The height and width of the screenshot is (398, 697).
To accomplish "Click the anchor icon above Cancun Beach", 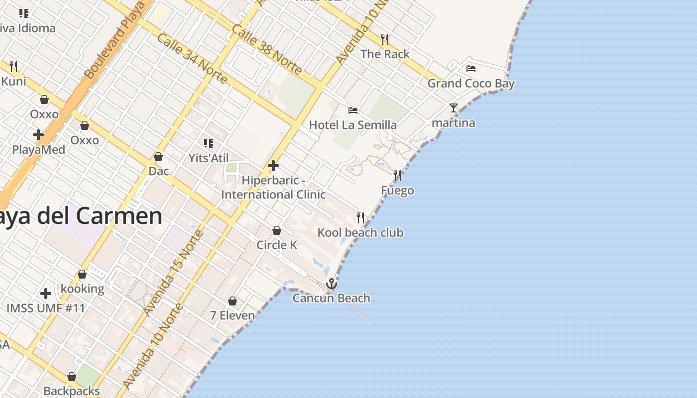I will point(332,284).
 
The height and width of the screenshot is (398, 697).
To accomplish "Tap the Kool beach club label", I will point(360,232).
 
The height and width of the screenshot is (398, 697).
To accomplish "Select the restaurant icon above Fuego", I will point(397,176).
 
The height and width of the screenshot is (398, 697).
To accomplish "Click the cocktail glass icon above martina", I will point(453,108).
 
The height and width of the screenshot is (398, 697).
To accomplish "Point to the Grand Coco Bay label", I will point(471,83).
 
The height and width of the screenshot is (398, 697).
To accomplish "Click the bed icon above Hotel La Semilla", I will point(353,110).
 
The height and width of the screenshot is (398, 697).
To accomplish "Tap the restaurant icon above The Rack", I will point(385,39).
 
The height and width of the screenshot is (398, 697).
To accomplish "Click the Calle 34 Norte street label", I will point(192,58).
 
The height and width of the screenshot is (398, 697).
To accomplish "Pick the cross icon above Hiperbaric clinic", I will point(273,166).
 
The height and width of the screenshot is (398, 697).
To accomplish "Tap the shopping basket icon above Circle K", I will point(277,230).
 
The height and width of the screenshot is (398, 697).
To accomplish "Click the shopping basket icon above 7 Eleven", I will point(232,301).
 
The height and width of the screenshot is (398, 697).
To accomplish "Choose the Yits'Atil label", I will point(209,158).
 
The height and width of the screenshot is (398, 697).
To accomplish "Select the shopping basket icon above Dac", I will point(158,157).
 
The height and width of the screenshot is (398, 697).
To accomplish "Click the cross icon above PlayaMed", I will point(38,135).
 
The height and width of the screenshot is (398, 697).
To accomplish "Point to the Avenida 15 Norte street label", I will point(173,273).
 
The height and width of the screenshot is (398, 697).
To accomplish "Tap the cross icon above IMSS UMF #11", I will point(46,294).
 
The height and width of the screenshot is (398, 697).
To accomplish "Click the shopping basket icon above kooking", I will point(82,274).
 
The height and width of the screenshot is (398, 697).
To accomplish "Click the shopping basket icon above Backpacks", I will point(72,377).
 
